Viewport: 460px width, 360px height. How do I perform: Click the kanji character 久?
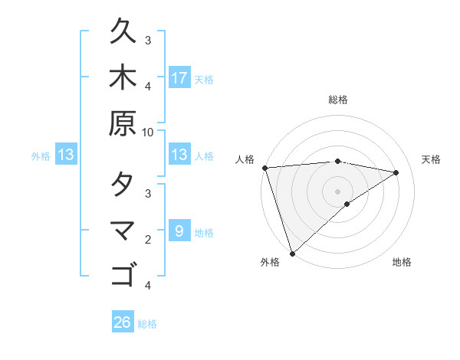point(123,33)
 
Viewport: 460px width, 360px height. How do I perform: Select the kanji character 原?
point(123,123)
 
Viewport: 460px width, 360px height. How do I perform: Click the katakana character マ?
point(123,230)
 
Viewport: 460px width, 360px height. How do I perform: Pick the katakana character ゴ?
point(123,274)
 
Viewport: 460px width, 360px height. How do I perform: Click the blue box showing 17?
point(179,78)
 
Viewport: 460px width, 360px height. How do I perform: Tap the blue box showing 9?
point(179,231)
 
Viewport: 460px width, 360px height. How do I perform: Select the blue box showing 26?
point(123,322)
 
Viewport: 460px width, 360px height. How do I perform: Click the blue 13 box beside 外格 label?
point(66,155)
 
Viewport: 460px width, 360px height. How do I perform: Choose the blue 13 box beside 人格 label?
point(179,155)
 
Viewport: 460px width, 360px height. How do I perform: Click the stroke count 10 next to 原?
point(148,132)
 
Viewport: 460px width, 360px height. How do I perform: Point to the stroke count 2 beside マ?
point(148,240)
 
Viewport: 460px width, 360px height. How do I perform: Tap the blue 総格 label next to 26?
point(147,324)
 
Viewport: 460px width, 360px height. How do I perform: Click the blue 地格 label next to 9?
point(204,233)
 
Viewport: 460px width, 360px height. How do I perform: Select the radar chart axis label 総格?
point(338,100)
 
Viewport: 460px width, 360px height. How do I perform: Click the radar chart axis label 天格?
point(431,159)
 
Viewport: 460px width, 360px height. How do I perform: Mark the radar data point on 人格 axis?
point(264,168)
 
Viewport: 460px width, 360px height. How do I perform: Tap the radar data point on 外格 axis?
point(292,253)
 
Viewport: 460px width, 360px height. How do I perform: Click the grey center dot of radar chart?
point(338,191)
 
